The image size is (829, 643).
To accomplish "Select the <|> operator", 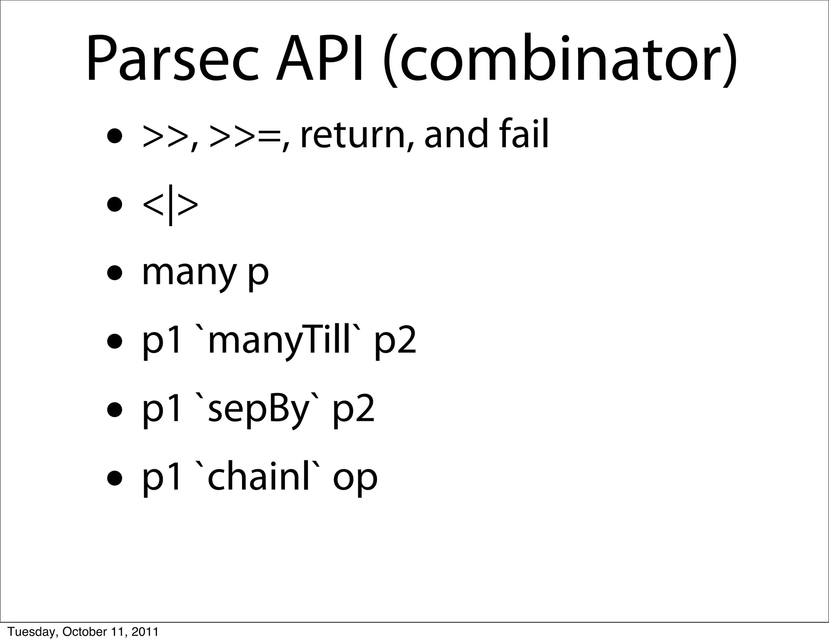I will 170,205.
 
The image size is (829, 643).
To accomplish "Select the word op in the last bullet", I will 355,480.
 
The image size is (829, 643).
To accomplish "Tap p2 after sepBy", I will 354,412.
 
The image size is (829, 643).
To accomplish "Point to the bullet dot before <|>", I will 115,205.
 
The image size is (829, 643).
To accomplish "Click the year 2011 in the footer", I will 145,632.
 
